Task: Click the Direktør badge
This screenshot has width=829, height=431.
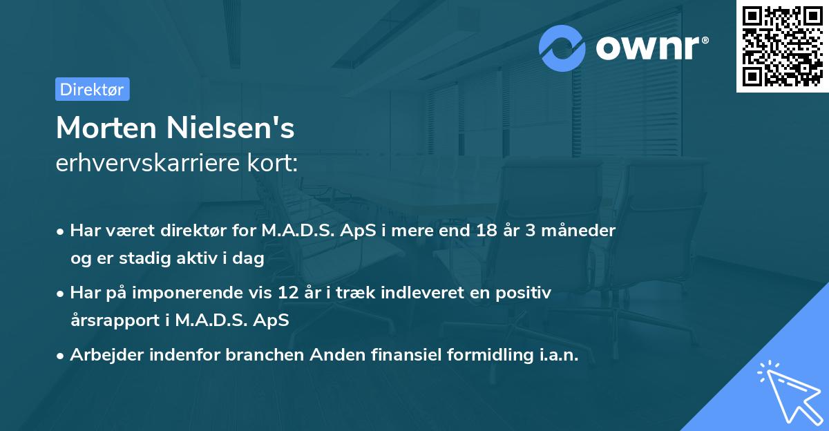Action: (92, 89)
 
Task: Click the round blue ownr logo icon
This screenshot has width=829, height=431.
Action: (562, 48)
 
